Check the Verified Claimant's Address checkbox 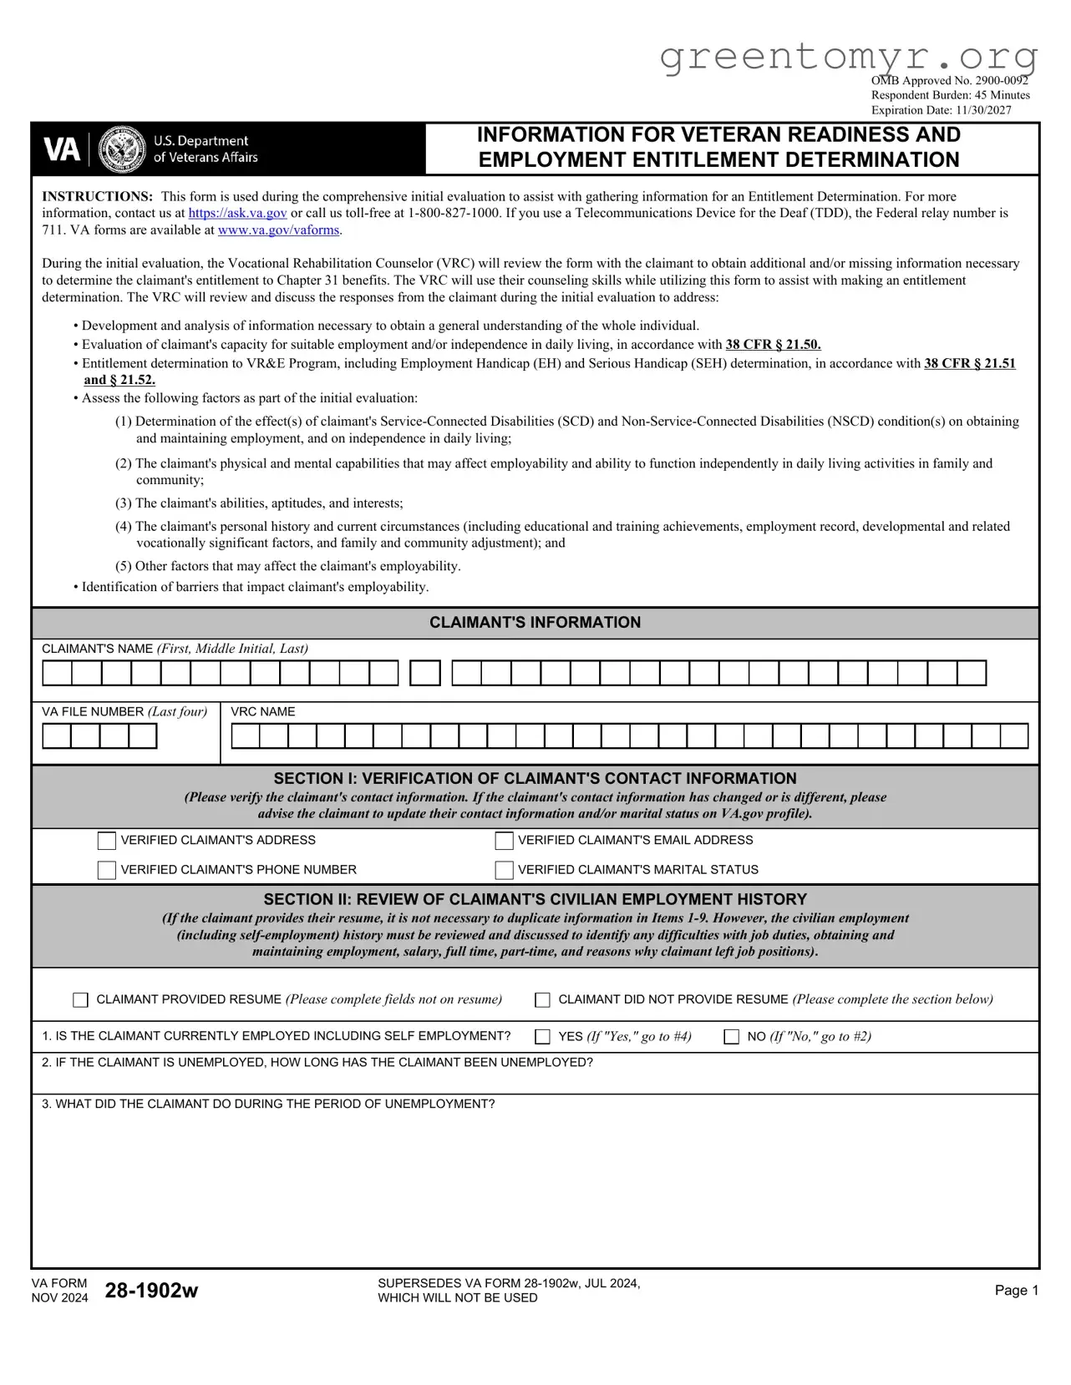coord(106,841)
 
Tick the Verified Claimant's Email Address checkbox coord(504,841)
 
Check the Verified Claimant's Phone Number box coord(106,870)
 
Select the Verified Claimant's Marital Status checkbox coord(504,870)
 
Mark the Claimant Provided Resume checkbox coord(80,1000)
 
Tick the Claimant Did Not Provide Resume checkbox coord(542,1000)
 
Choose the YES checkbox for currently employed coord(542,1037)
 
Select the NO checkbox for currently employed coord(731,1037)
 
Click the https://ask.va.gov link coord(237,213)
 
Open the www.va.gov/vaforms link coord(278,230)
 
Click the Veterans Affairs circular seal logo coord(122,149)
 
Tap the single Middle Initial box coord(425,673)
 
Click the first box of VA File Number coord(57,736)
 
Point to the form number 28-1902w coord(151,1291)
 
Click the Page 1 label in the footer coord(1016,1291)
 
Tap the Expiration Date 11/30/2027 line coord(941,110)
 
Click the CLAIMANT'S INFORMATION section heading coord(535,623)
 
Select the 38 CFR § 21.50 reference coord(773,344)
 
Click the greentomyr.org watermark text coord(848,57)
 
